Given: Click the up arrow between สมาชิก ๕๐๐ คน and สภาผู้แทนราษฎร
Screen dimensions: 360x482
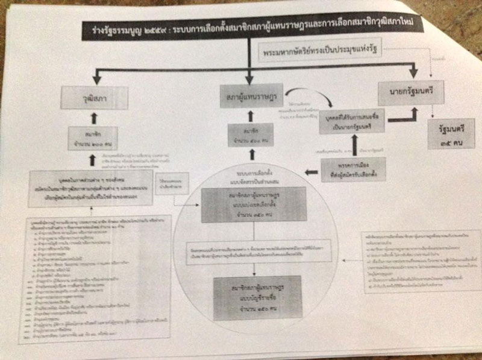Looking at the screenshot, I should pyautogui.click(x=248, y=115).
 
